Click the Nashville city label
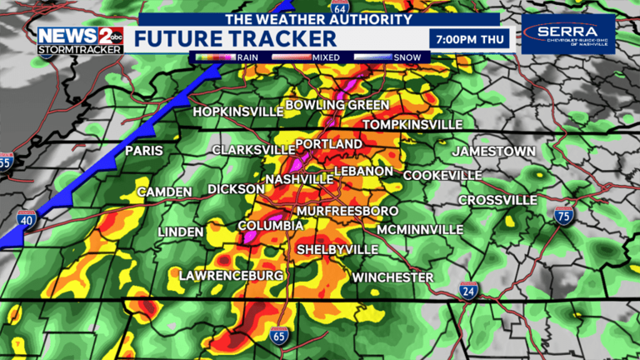299,179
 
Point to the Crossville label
497,201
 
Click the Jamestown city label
493,152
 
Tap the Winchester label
392,277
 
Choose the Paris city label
143,151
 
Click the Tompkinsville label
412,124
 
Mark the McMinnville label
419,229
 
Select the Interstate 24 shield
468,290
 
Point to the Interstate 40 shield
26,220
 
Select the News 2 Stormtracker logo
80,40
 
